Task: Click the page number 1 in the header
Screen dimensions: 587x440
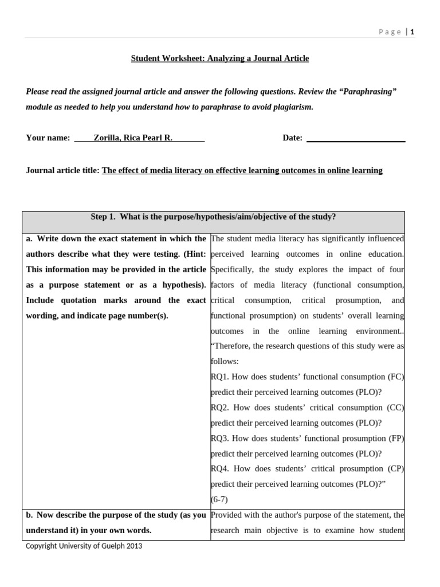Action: (412, 32)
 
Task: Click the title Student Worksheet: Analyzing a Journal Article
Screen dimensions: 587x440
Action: (220, 58)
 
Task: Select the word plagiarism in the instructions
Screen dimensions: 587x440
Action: (289, 107)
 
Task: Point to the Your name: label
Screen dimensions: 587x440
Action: (48, 138)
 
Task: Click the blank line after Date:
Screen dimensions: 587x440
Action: (356, 138)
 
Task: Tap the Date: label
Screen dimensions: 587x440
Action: (292, 138)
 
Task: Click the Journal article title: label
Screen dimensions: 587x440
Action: (63, 170)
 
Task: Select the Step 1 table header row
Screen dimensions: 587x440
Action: (213, 217)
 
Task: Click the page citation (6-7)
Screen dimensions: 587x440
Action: (219, 499)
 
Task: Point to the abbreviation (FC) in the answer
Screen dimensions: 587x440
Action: (396, 377)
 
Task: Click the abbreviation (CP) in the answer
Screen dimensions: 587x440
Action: (396, 469)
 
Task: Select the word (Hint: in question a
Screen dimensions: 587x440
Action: (194, 254)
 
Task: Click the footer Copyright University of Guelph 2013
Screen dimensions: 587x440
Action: (84, 546)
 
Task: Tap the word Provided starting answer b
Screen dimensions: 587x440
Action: (228, 515)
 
